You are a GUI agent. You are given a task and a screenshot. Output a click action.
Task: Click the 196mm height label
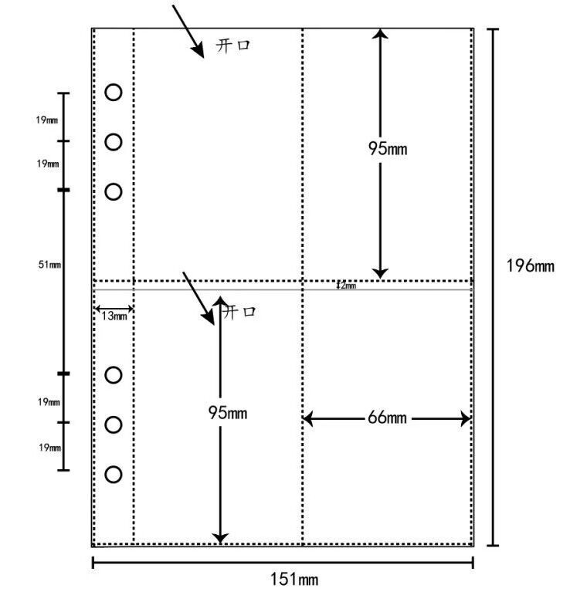pyautogui.click(x=530, y=266)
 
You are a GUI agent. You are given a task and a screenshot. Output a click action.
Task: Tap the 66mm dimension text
pyautogui.click(x=385, y=418)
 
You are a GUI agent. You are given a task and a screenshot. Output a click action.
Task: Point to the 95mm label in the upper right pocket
pyautogui.click(x=387, y=149)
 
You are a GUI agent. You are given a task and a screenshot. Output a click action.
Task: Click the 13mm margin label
pyautogui.click(x=114, y=316)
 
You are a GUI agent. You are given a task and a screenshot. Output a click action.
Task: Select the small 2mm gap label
pyautogui.click(x=346, y=286)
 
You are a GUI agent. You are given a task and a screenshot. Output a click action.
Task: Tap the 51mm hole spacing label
pyautogui.click(x=49, y=265)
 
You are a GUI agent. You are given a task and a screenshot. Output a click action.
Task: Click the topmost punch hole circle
pyautogui.click(x=114, y=93)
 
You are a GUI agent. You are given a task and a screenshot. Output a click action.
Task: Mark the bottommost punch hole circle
pyautogui.click(x=114, y=474)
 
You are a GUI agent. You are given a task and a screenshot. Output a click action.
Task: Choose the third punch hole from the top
pyautogui.click(x=114, y=191)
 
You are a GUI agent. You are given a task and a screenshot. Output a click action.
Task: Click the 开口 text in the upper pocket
pyautogui.click(x=234, y=46)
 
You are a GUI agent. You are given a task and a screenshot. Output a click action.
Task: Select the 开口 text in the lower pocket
pyautogui.click(x=239, y=313)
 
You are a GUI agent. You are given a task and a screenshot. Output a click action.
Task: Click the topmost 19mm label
pyautogui.click(x=46, y=120)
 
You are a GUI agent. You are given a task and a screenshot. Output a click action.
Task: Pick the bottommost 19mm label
pyautogui.click(x=49, y=448)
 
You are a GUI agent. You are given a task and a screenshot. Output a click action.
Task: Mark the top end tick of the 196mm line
pyautogui.click(x=493, y=29)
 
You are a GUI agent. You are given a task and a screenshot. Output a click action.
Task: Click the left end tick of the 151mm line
pyautogui.click(x=93, y=563)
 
